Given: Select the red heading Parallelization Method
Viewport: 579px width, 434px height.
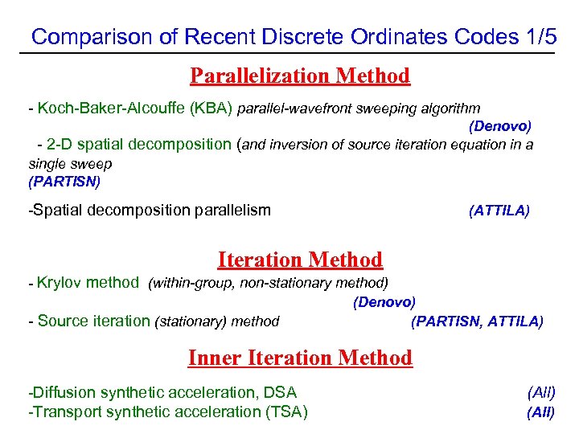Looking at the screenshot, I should point(300,76).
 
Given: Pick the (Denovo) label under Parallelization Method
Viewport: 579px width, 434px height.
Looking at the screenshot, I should point(499,126).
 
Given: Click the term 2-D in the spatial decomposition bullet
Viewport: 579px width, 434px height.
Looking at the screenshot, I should point(59,145).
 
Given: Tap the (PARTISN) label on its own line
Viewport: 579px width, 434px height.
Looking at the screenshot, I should point(64,182).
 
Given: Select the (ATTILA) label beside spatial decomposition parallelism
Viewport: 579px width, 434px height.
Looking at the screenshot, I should point(499,211).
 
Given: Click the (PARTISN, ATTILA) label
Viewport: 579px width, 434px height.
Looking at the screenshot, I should point(477,321).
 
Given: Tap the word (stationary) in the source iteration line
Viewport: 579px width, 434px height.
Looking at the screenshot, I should point(191,321).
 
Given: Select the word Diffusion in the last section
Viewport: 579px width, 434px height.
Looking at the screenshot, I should point(61,393).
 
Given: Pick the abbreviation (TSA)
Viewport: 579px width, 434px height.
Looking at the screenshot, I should point(286,412).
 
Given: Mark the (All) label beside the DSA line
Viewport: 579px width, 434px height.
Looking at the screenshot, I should point(541,393).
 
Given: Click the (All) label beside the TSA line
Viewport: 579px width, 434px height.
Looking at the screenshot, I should point(541,412).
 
